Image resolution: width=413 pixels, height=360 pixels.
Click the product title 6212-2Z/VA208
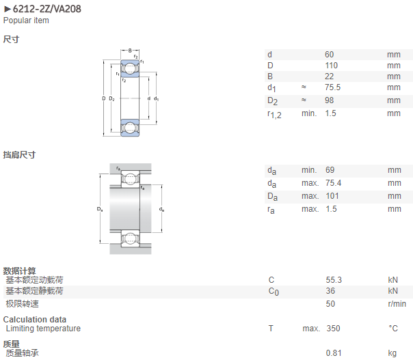point(47,9)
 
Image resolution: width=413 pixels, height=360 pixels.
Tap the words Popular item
point(26,20)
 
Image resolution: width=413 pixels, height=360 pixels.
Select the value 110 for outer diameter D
point(332,66)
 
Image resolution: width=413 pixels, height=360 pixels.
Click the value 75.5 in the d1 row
point(333,87)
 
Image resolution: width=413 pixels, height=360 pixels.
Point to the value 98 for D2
point(330,100)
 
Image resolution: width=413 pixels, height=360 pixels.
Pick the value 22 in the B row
point(330,77)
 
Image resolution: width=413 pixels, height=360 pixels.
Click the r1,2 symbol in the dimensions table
point(274,115)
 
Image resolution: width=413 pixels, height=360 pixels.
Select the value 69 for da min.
point(330,170)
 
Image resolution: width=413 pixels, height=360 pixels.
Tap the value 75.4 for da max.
point(333,183)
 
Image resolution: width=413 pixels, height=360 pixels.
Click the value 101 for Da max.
point(332,196)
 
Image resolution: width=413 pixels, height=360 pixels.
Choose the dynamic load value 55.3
point(334,280)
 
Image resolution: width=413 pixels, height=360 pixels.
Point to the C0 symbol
point(274,292)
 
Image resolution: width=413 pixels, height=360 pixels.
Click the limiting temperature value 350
point(334,329)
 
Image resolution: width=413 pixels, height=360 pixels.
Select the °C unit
point(393,329)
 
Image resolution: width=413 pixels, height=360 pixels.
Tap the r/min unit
point(397,304)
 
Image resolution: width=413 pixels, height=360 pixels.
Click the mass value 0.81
point(334,353)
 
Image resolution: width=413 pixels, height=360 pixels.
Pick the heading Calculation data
point(35,320)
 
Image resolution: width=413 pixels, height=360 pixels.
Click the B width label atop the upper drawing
point(130,51)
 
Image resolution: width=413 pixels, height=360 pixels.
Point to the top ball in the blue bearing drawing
point(130,69)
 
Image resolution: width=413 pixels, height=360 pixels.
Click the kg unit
point(392,353)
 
